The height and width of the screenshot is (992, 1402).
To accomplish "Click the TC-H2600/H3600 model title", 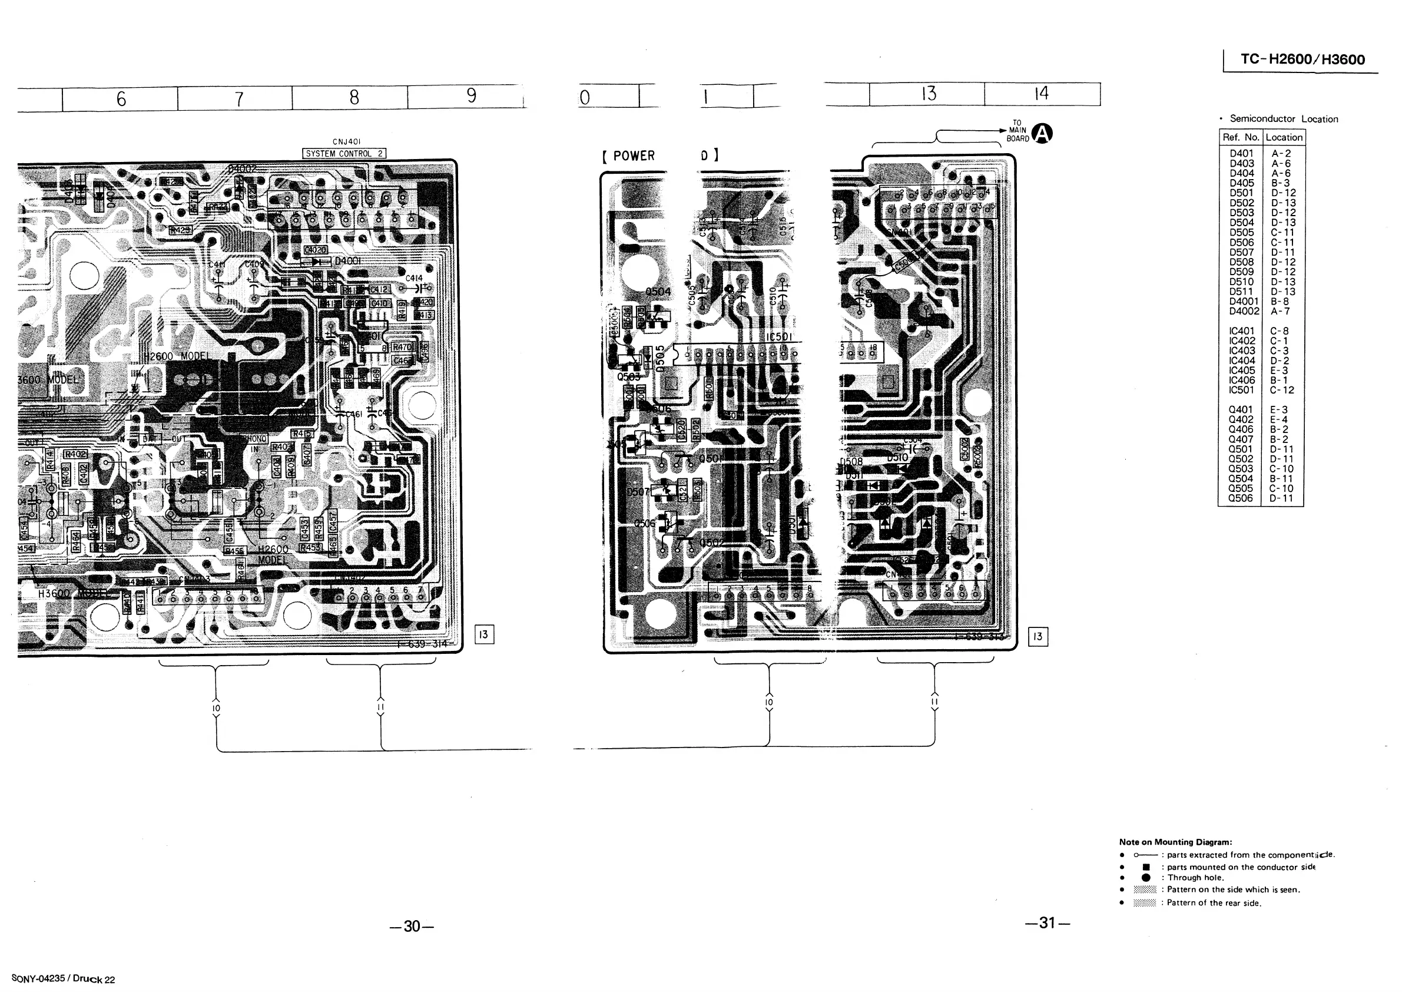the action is (x=1302, y=60).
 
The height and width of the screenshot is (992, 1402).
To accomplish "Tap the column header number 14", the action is (x=1041, y=94).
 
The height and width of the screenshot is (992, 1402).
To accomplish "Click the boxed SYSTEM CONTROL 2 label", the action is (x=344, y=153).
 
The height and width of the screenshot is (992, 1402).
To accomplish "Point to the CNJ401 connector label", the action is (x=346, y=142).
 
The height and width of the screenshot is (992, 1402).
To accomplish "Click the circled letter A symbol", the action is (x=1042, y=133).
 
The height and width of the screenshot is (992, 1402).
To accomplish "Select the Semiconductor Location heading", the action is (x=1283, y=119).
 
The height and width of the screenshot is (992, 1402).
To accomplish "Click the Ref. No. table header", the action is (x=1240, y=137).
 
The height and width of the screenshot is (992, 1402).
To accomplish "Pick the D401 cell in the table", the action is (x=1241, y=153).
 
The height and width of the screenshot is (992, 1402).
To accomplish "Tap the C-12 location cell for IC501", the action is (x=1282, y=390).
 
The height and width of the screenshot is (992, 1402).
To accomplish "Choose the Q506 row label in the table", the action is (x=1240, y=498).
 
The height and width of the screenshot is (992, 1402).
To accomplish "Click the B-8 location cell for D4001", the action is (x=1280, y=301).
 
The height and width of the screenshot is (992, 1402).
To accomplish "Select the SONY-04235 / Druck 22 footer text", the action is (x=63, y=978).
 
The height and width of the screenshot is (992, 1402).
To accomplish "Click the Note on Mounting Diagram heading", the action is (x=1175, y=842).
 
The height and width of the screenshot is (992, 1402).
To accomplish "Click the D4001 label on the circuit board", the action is (x=347, y=261).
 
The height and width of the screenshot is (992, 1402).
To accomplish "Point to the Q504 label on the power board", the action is (x=658, y=292).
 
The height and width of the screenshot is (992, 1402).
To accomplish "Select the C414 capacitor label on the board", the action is (x=413, y=279).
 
